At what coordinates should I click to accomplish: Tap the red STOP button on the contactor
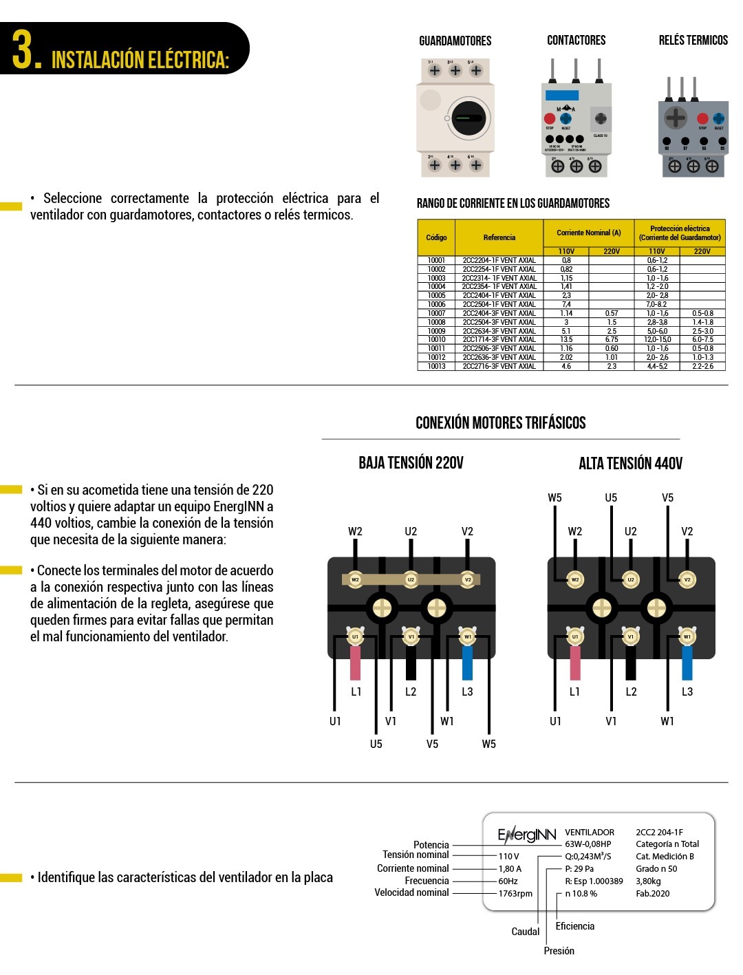(x=550, y=118)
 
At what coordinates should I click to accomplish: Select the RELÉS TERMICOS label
(x=693, y=41)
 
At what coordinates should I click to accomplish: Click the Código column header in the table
(x=436, y=237)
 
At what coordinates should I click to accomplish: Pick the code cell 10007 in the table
(x=436, y=313)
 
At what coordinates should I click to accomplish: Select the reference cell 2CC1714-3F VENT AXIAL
(x=499, y=339)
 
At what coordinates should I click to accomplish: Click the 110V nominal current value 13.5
(x=566, y=339)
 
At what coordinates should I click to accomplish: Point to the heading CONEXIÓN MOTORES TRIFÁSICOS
(x=500, y=422)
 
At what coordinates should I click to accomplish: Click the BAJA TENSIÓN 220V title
(x=411, y=463)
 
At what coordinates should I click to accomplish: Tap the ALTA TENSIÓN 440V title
(x=630, y=464)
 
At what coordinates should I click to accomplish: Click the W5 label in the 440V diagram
(x=554, y=497)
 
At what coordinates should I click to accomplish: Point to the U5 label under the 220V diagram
(x=376, y=744)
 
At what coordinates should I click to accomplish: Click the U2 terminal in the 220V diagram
(x=411, y=579)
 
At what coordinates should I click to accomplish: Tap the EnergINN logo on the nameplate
(x=526, y=835)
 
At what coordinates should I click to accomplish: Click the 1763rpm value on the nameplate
(x=515, y=894)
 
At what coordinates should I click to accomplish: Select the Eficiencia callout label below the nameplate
(x=574, y=926)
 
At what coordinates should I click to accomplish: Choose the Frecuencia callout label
(x=427, y=881)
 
